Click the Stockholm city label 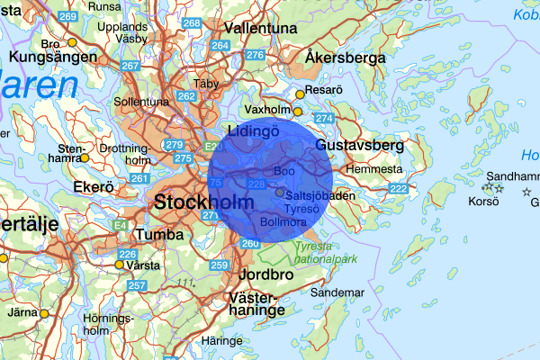click(x=204, y=202)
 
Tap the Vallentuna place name click(x=261, y=29)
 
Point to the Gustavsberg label click(x=360, y=145)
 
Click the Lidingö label click(x=254, y=132)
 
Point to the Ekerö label click(x=94, y=188)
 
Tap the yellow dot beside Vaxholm click(x=298, y=112)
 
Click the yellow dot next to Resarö click(x=299, y=91)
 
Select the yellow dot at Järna click(x=43, y=314)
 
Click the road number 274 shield click(x=324, y=119)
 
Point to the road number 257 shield click(x=137, y=285)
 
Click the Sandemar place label click(x=337, y=292)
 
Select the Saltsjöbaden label click(x=319, y=194)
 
